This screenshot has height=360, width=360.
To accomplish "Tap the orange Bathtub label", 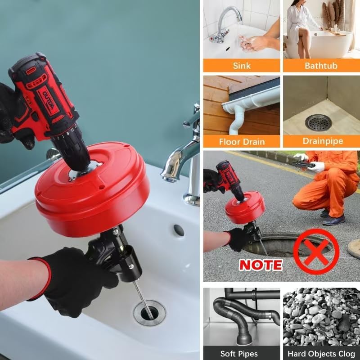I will pyautogui.click(x=321, y=66).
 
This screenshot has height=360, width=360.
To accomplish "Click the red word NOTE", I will pyautogui.click(x=260, y=264).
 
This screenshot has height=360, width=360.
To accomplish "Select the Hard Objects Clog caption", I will pyautogui.click(x=321, y=354).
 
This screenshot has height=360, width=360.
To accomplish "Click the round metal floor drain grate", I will pyautogui.click(x=318, y=122).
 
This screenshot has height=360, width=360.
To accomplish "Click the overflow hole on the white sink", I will pyautogui.click(x=179, y=230).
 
